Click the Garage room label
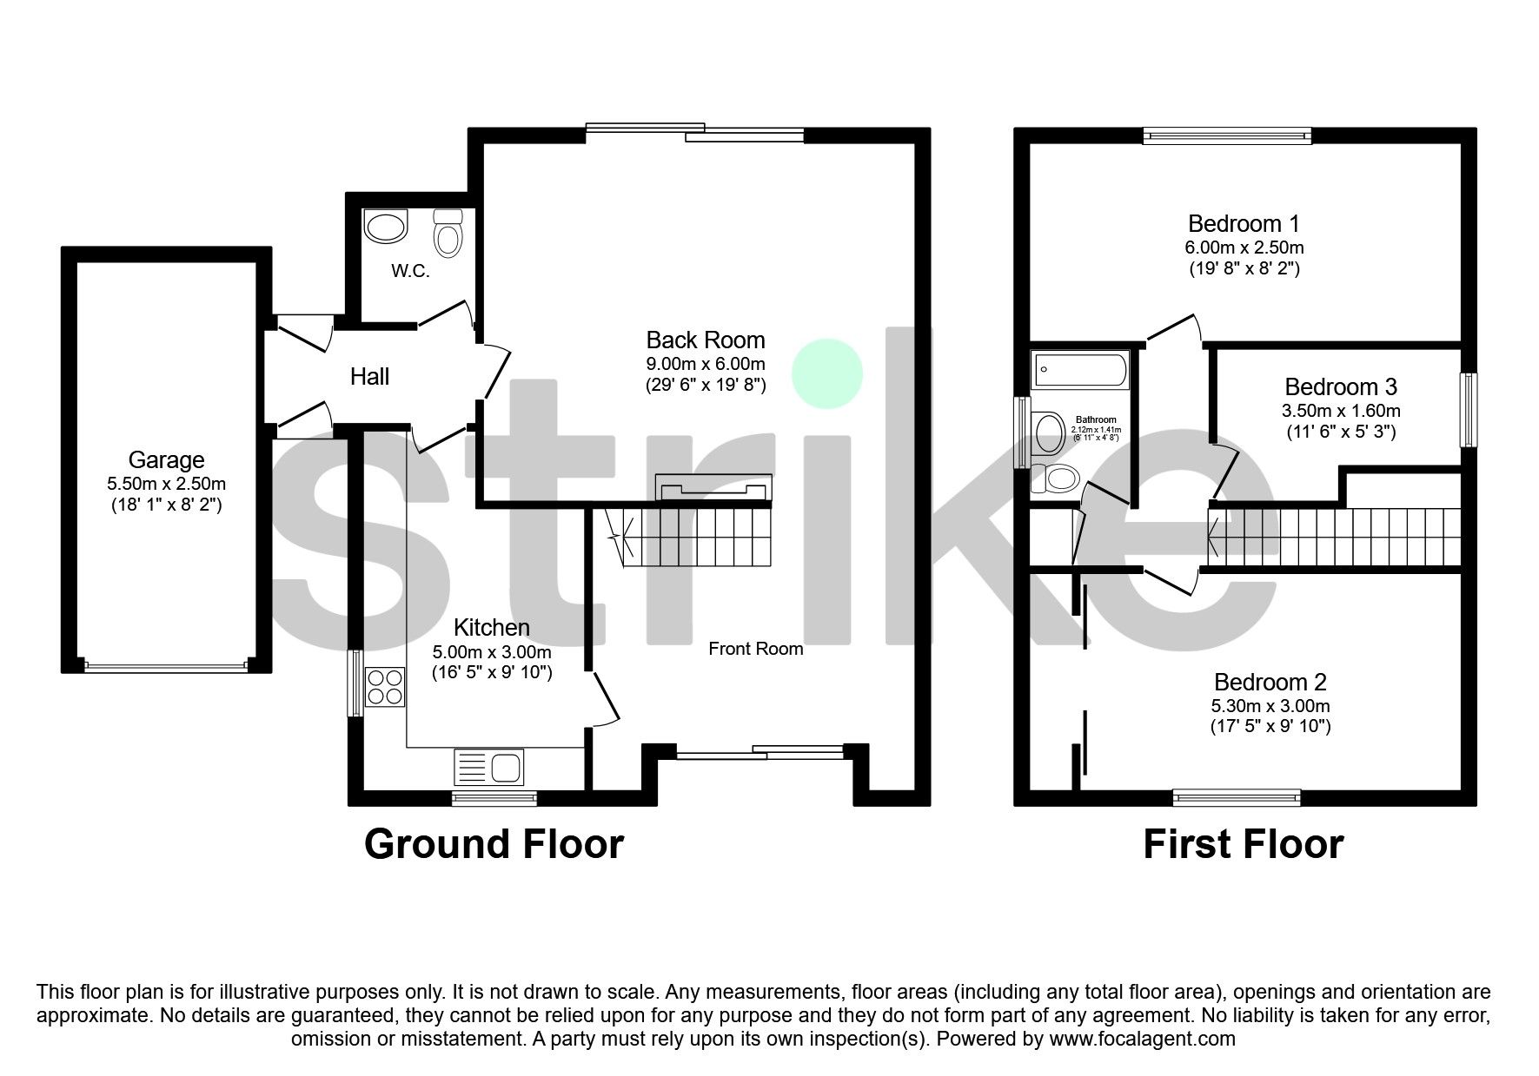(x=166, y=460)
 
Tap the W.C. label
(x=410, y=271)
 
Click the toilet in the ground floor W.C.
(x=448, y=233)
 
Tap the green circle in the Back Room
(x=826, y=373)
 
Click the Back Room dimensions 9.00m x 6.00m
(x=705, y=363)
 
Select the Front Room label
(x=755, y=649)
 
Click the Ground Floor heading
(x=494, y=844)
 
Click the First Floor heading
(x=1243, y=844)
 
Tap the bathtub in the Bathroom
(x=1079, y=371)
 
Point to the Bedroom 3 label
(x=1341, y=386)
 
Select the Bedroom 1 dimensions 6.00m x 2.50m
(x=1244, y=248)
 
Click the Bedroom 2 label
(x=1270, y=682)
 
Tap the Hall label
(x=369, y=377)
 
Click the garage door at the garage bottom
(x=166, y=667)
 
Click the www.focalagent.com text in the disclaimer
(x=1142, y=1039)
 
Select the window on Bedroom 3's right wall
(x=1469, y=410)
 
